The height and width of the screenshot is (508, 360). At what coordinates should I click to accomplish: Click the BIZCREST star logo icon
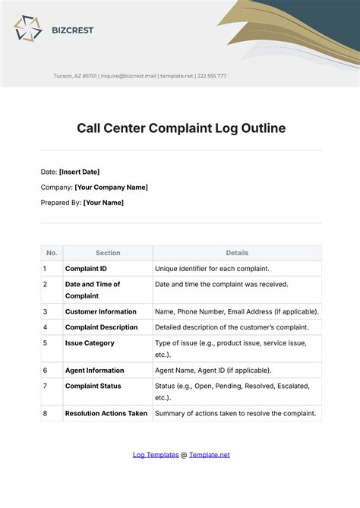point(28,30)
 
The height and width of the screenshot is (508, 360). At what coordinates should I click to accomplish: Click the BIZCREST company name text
point(73,30)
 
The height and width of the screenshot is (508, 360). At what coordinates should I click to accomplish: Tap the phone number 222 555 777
point(212,76)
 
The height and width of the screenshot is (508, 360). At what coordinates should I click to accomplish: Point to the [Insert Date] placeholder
point(79,172)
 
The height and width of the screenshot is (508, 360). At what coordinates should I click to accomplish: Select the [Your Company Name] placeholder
point(111,187)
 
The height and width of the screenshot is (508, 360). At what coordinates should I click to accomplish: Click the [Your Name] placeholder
point(103,202)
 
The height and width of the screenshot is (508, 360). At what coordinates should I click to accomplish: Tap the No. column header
point(52,253)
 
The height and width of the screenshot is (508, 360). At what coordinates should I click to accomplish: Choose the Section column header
point(108,253)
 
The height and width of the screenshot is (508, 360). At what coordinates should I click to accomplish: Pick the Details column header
point(237,253)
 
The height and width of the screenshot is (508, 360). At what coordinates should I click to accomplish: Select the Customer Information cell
point(101,311)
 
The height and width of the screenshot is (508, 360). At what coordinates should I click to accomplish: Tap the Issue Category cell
point(90,342)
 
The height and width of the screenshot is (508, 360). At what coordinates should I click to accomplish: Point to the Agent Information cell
point(94,370)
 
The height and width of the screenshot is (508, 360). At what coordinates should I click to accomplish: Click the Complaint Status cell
point(93,386)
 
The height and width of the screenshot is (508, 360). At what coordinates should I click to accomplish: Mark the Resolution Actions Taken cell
point(107,413)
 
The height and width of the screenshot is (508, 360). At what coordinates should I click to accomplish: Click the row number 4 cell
point(46,327)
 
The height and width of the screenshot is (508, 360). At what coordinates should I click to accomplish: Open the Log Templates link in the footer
point(155,455)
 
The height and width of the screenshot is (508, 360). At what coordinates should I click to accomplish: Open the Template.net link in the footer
point(209,455)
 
